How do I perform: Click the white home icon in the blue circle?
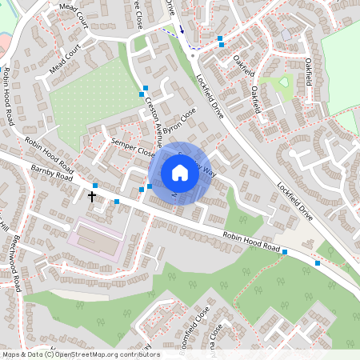point(179,173)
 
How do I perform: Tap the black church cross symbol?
point(91,195)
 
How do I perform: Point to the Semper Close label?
point(133,146)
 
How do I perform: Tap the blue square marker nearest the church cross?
point(95,186)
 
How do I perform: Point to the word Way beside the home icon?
point(210,170)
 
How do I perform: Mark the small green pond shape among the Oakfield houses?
point(285,82)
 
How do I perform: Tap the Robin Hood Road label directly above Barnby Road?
point(49,155)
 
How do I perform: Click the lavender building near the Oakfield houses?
point(287,35)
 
